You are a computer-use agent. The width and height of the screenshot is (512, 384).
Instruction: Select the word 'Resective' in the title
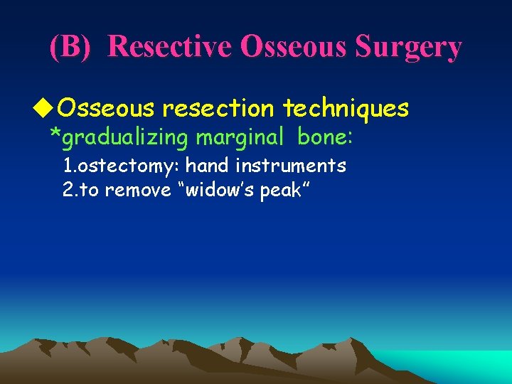click(x=171, y=47)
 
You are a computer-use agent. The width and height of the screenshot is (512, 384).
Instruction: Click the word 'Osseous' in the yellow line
click(x=106, y=108)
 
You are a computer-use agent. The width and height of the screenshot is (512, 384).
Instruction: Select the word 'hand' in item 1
click(x=208, y=166)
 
